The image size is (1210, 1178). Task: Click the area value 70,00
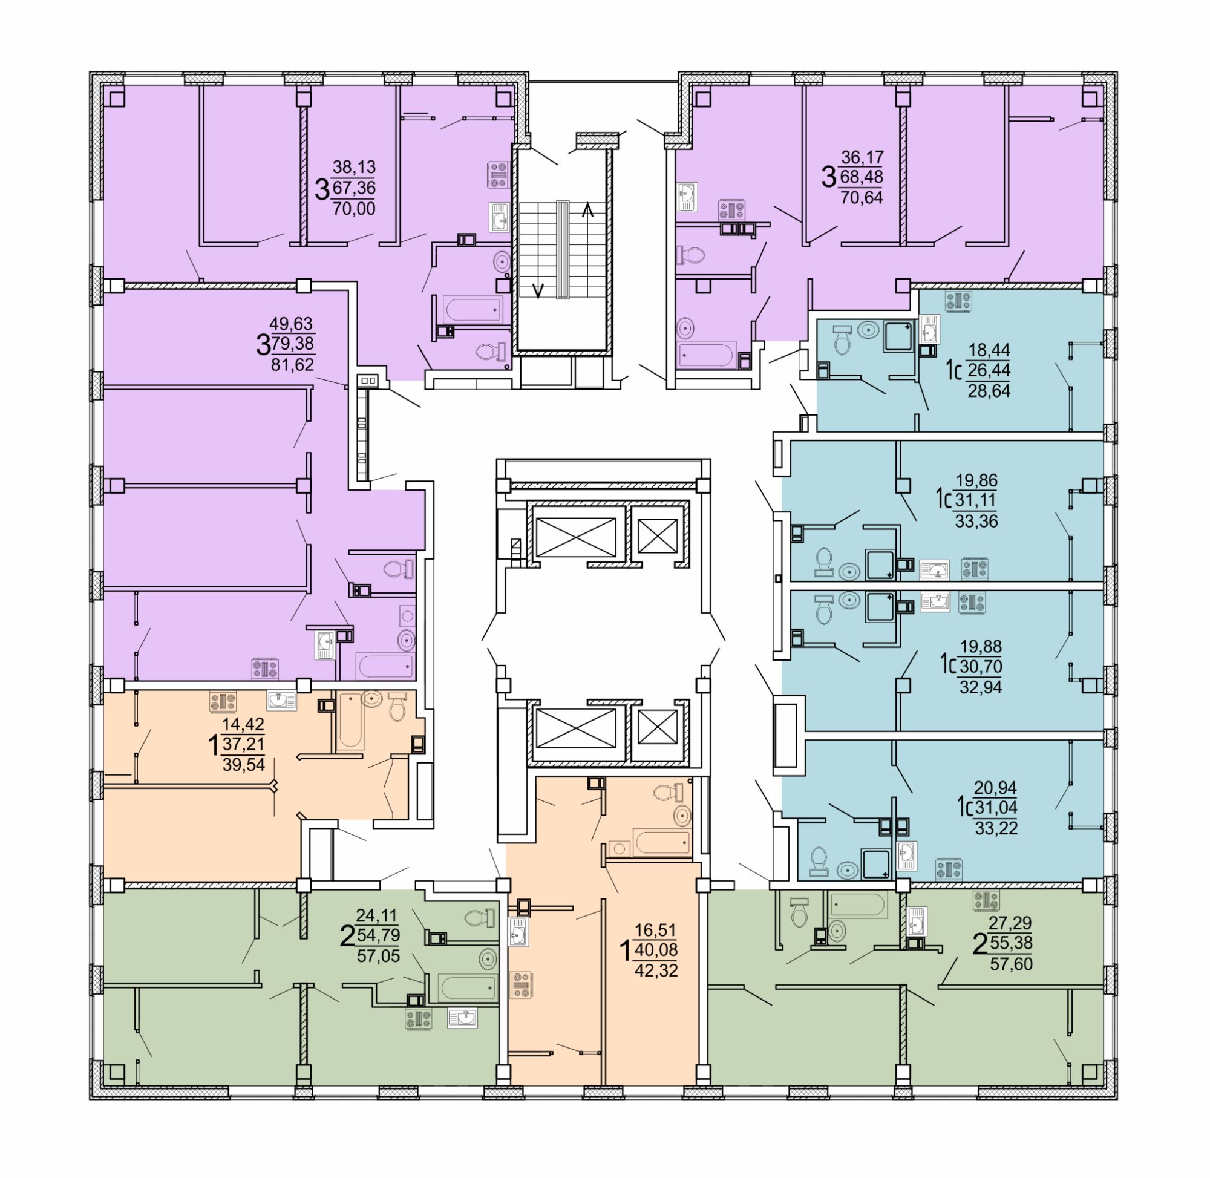click(x=354, y=209)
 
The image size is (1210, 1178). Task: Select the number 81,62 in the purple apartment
click(x=292, y=364)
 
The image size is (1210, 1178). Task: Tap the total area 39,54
click(x=243, y=764)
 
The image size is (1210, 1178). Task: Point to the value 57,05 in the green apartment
click(x=378, y=956)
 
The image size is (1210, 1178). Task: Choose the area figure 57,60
click(x=1012, y=963)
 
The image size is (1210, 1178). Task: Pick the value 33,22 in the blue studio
click(x=996, y=827)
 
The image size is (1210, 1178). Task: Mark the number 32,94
click(x=981, y=686)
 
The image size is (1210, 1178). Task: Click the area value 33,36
click(x=976, y=521)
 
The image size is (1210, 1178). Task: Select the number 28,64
click(x=989, y=390)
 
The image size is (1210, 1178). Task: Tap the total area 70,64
click(x=861, y=197)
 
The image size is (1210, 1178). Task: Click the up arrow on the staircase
click(x=587, y=211)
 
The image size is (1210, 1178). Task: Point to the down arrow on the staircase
click(x=539, y=290)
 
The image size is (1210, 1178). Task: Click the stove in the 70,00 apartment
click(x=499, y=174)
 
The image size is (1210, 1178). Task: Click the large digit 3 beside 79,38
click(x=263, y=345)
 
